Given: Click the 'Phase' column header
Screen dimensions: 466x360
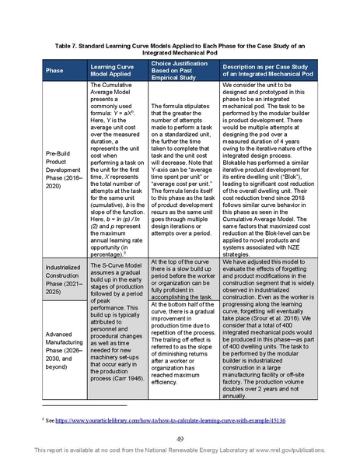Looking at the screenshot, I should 54,70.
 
